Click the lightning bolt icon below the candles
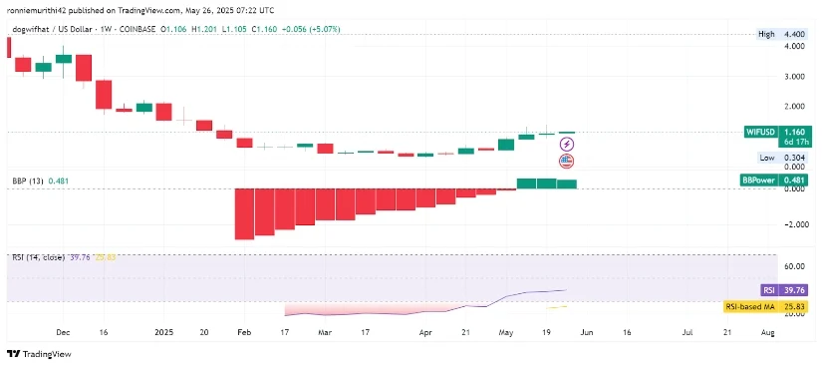pos(567,145)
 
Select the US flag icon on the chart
pos(567,161)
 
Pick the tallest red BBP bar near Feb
pos(243,213)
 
